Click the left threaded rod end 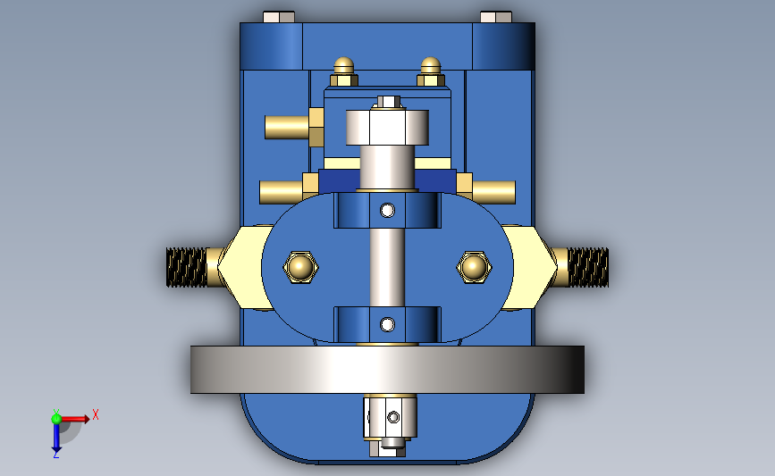pos(186,267)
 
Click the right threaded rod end pos(588,267)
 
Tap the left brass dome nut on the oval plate pos(300,267)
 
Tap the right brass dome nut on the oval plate pos(474,267)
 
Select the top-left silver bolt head pos(279,17)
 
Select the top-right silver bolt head pos(496,17)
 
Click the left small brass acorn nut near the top pos(344,72)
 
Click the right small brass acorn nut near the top pos(431,72)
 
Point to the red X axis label pos(96,414)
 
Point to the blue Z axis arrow pos(56,438)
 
